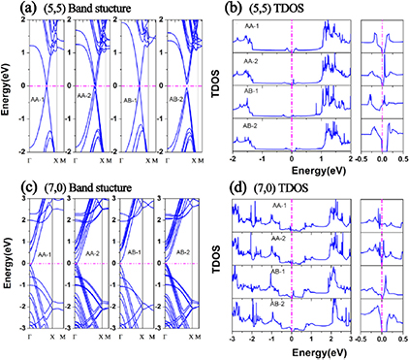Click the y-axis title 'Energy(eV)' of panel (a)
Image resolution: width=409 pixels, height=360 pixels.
(6, 88)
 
